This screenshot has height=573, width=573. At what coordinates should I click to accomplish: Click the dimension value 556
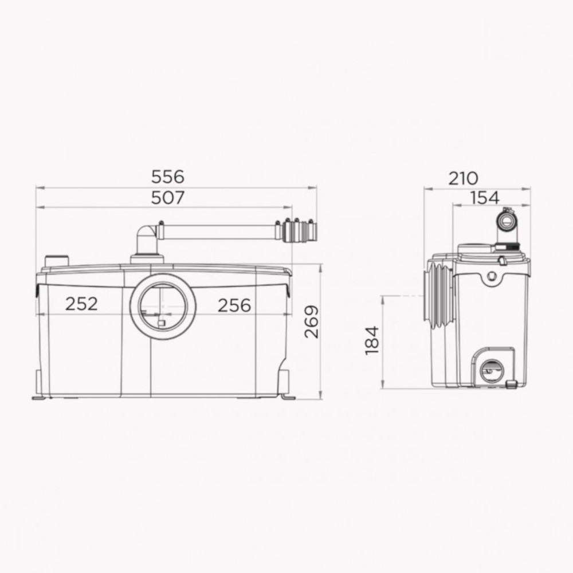[168, 177]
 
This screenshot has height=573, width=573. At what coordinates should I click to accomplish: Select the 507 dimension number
[168, 198]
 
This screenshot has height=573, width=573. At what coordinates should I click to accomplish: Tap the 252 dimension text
[81, 304]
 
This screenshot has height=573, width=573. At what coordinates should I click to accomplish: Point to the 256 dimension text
[234, 305]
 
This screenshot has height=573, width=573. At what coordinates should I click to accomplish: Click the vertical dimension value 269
[312, 322]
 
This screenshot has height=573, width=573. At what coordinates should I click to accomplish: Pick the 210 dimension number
[463, 178]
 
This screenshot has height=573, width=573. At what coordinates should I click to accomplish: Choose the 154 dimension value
[485, 198]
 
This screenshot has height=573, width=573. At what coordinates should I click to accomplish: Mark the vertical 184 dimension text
[372, 340]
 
